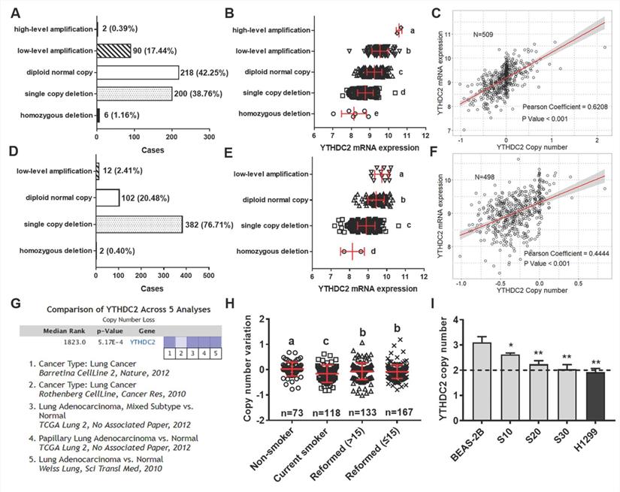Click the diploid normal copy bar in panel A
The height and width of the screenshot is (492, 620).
(138, 73)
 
